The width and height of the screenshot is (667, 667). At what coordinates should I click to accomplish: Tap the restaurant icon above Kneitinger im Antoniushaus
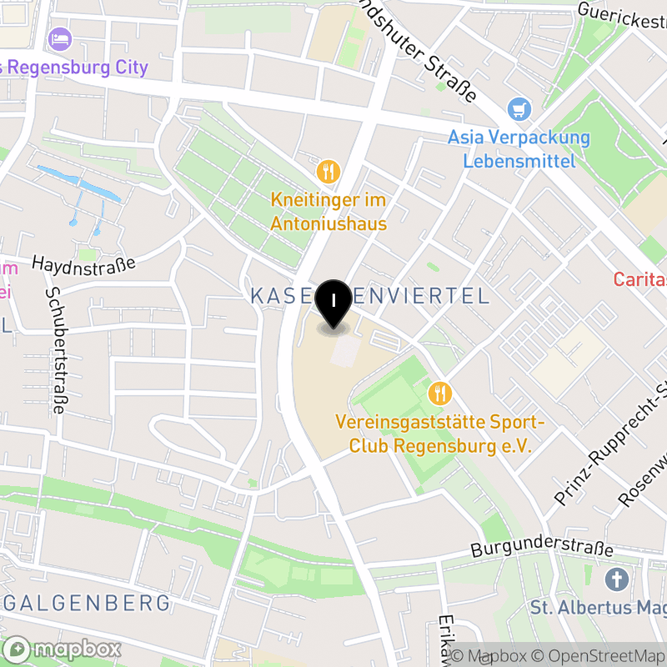tap(328, 172)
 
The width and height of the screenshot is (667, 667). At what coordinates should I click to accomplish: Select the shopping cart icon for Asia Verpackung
tap(519, 108)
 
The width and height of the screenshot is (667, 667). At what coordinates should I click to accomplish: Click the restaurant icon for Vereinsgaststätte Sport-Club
tap(439, 392)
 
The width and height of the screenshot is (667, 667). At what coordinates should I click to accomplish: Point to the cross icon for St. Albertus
tap(617, 579)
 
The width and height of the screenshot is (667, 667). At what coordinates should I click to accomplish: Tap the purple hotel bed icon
tap(59, 38)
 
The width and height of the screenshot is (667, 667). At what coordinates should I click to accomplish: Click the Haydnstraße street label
tap(83, 263)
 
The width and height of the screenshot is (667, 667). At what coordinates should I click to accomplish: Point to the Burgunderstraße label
tap(542, 550)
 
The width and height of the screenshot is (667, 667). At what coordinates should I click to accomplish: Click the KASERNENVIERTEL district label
tap(369, 295)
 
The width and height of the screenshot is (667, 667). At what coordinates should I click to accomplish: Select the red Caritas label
tap(640, 278)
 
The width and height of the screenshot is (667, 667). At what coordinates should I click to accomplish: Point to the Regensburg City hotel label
tap(75, 68)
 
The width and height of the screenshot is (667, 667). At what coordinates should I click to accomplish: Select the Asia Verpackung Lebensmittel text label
tap(519, 148)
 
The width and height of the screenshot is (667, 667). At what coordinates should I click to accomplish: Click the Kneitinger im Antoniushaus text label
tap(328, 212)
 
